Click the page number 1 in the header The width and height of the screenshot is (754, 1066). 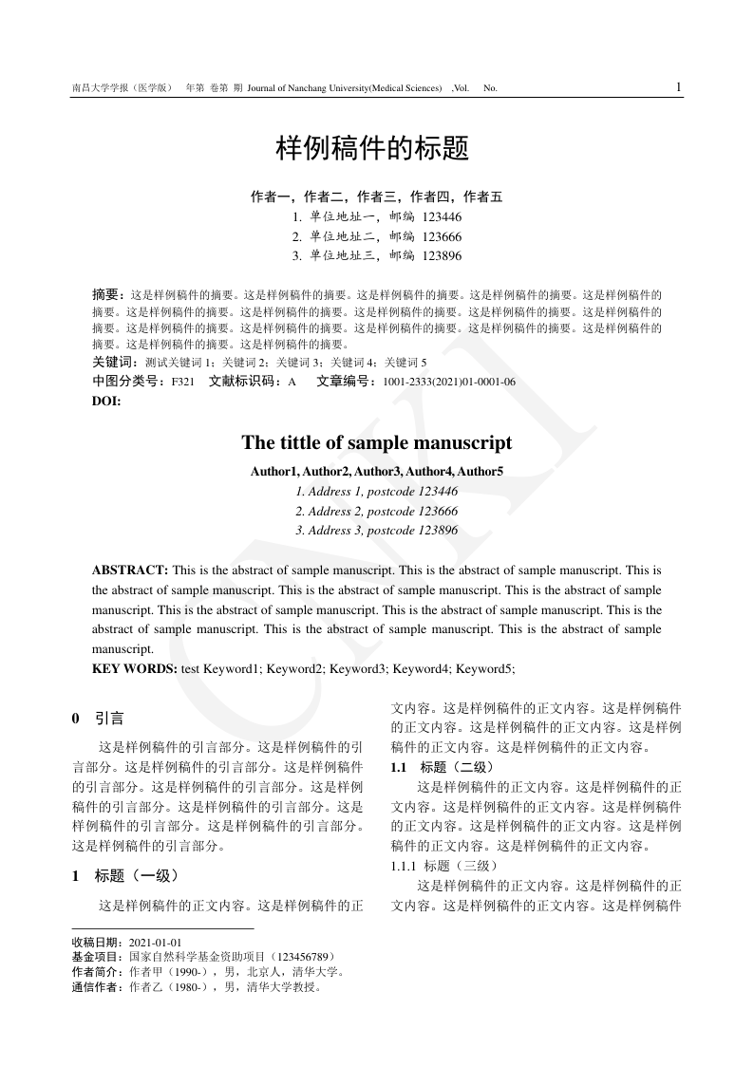(678, 87)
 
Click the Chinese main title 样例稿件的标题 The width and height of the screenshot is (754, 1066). (372, 149)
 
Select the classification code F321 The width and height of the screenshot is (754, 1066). (182, 381)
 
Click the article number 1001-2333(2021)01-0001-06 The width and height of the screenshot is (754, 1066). (449, 381)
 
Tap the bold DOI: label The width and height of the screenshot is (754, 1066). (106, 400)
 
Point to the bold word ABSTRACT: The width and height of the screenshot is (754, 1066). (130, 570)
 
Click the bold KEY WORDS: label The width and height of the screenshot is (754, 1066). (134, 669)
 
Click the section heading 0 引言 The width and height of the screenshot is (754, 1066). (99, 719)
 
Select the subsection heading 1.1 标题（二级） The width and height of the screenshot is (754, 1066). (442, 767)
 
